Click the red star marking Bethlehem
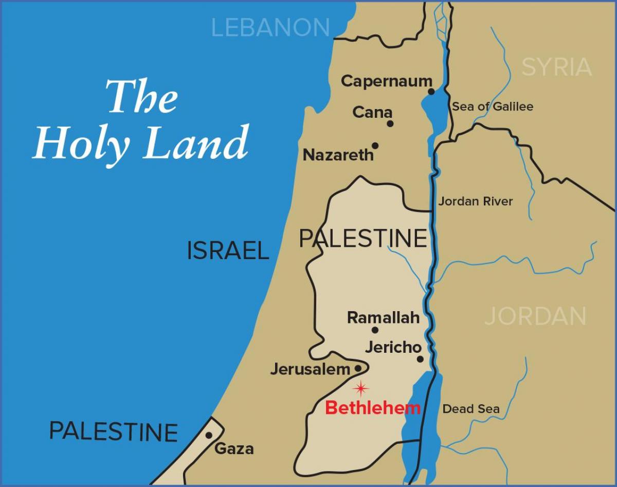(x=361, y=388)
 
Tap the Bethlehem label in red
(x=373, y=408)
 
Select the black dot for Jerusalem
(x=358, y=368)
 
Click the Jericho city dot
(x=420, y=359)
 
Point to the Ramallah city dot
(x=375, y=330)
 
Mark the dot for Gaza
(x=209, y=435)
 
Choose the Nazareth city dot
(x=375, y=146)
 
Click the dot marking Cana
(x=390, y=123)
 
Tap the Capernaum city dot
(x=431, y=92)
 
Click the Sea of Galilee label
(x=493, y=106)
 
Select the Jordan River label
(x=475, y=201)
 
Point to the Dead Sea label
(x=471, y=409)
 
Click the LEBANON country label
(x=270, y=27)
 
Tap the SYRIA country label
(x=556, y=67)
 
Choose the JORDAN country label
(x=535, y=316)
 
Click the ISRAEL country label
(x=228, y=250)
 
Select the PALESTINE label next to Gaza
(x=113, y=431)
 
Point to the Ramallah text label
(x=383, y=318)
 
